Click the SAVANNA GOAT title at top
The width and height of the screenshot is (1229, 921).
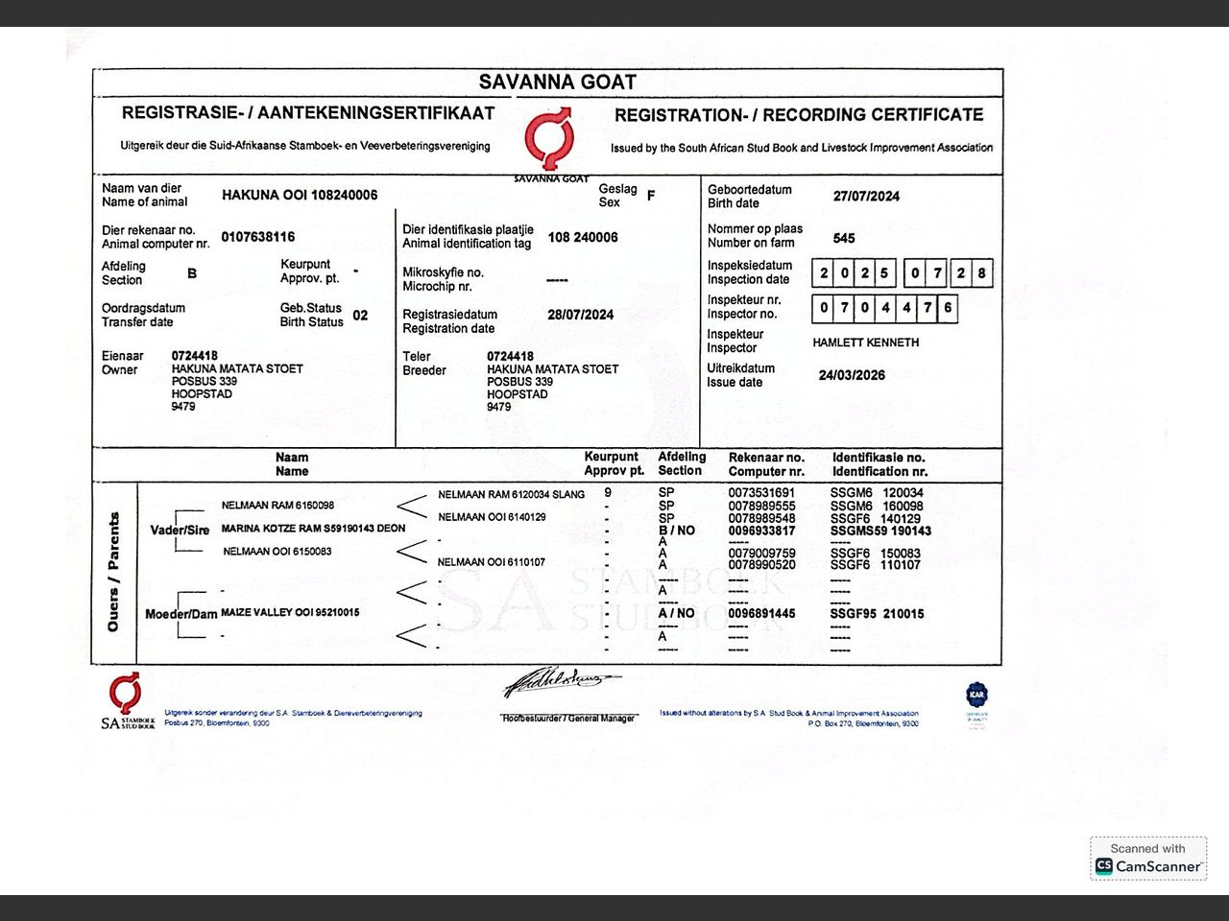point(557,83)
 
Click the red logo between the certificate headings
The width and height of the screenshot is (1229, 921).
point(549,139)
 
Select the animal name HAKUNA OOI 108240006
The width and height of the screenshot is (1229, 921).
point(300,195)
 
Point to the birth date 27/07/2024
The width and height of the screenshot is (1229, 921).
point(866,196)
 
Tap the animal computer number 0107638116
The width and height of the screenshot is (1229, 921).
point(257,237)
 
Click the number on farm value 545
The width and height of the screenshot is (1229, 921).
point(844,238)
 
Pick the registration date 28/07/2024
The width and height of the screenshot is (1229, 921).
point(580,315)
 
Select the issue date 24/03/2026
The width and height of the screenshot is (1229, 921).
point(852,375)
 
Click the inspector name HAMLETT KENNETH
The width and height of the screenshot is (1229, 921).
point(865,342)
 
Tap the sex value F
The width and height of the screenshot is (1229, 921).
point(651,196)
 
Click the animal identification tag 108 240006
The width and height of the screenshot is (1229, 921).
point(583,237)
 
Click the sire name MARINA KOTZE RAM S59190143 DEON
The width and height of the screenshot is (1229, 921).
point(313,529)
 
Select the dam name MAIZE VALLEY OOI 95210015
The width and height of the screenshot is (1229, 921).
point(290,612)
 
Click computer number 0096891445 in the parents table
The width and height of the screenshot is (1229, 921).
point(761,613)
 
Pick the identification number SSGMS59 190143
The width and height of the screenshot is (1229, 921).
point(880,531)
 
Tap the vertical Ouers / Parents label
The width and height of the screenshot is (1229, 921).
point(113,572)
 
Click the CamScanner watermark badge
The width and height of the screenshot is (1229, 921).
point(1148,859)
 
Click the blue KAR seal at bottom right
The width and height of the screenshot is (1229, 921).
point(976,695)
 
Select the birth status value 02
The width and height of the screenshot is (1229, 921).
point(360,315)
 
